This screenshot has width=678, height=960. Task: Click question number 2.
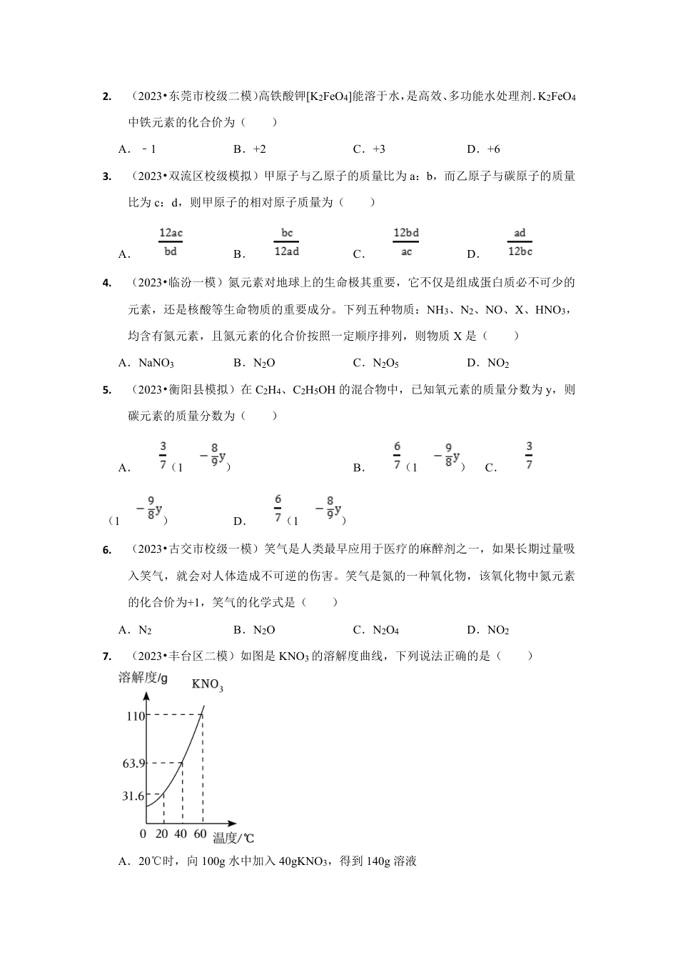click(x=107, y=96)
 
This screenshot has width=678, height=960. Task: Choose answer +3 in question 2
click(x=370, y=149)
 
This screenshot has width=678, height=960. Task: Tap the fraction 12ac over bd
click(x=171, y=242)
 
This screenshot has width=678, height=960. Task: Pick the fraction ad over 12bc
click(x=520, y=242)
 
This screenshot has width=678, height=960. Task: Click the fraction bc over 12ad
click(x=286, y=242)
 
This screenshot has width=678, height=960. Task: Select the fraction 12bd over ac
click(x=406, y=242)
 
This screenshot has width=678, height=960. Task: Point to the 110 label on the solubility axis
click(x=136, y=716)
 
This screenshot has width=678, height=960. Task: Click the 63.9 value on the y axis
click(x=133, y=764)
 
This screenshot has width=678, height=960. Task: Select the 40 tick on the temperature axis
click(x=181, y=834)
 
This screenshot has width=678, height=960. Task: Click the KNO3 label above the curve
click(x=207, y=685)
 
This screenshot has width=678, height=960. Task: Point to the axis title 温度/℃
click(x=233, y=838)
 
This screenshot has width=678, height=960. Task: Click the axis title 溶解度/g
click(x=143, y=678)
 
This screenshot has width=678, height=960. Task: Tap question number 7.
click(x=107, y=656)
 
